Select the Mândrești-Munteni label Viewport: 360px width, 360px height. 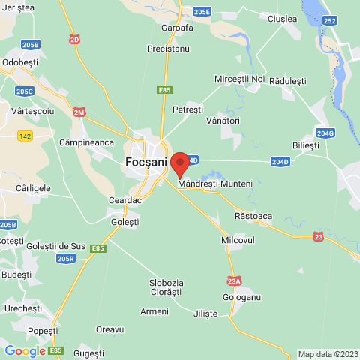coord(215,184)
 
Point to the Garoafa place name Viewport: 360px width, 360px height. coord(177,28)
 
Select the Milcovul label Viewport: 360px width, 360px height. coord(239,239)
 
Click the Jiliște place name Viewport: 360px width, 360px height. coord(205,313)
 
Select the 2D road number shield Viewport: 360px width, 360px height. coord(74,38)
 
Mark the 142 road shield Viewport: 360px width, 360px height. coord(25,136)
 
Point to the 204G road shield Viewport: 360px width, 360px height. coord(325,133)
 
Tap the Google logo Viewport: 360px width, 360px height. coord(25,350)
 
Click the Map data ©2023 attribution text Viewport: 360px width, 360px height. coord(328,354)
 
